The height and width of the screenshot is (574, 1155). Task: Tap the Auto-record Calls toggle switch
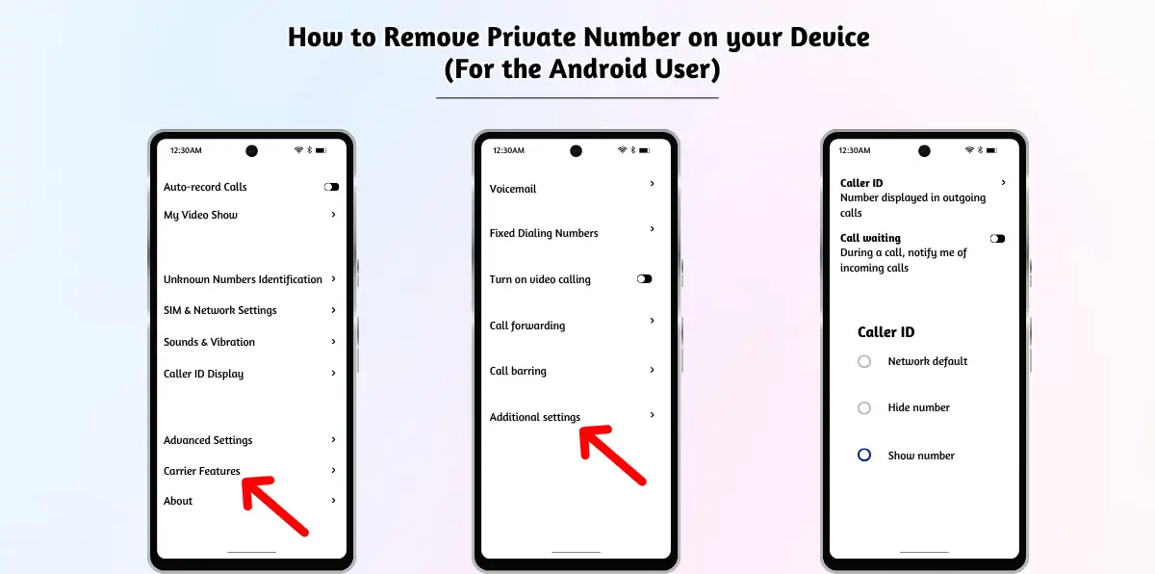click(x=331, y=187)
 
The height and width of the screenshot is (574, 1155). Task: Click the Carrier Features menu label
click(x=201, y=471)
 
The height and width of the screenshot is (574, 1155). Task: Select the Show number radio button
click(x=864, y=455)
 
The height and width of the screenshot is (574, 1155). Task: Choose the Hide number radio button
click(x=864, y=408)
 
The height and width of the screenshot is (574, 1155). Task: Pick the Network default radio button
click(x=864, y=361)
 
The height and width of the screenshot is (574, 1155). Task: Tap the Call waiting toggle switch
click(x=997, y=238)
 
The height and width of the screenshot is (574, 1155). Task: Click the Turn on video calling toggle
click(x=644, y=279)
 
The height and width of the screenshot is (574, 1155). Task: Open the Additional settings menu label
click(x=535, y=417)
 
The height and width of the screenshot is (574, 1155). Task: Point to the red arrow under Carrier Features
click(x=274, y=506)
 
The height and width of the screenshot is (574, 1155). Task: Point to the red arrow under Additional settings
click(x=612, y=456)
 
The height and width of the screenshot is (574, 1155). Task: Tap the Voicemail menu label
click(x=512, y=189)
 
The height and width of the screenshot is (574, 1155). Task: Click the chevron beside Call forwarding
click(x=653, y=321)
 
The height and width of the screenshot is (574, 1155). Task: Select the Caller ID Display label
click(x=203, y=374)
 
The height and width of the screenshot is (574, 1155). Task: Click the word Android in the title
click(x=598, y=68)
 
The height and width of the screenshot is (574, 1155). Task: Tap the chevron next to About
click(x=334, y=500)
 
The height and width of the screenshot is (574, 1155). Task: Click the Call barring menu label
click(x=518, y=371)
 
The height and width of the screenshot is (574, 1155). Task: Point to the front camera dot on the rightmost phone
click(x=924, y=150)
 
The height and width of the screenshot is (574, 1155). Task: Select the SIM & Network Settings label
click(x=220, y=310)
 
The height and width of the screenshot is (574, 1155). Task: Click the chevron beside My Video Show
click(x=334, y=214)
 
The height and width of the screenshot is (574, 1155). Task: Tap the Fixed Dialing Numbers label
click(x=544, y=233)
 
